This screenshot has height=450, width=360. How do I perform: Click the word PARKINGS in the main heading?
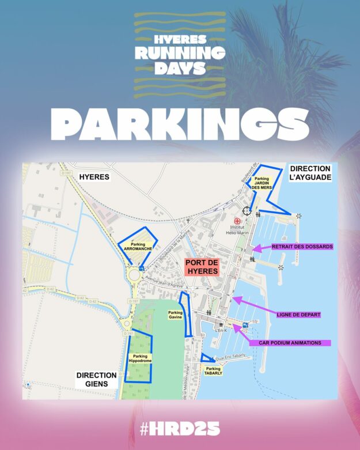[x=180, y=123]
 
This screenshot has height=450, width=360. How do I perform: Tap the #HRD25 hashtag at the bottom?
[x=180, y=429]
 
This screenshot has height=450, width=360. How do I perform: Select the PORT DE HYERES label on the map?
[x=201, y=267]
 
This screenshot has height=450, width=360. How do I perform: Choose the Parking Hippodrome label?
[x=139, y=359]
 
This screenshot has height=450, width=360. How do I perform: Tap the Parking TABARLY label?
[x=213, y=370]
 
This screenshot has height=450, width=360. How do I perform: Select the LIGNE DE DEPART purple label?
[x=298, y=315]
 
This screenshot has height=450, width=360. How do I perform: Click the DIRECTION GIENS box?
[x=97, y=379]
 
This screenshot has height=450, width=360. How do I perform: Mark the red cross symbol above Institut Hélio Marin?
[x=237, y=221]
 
